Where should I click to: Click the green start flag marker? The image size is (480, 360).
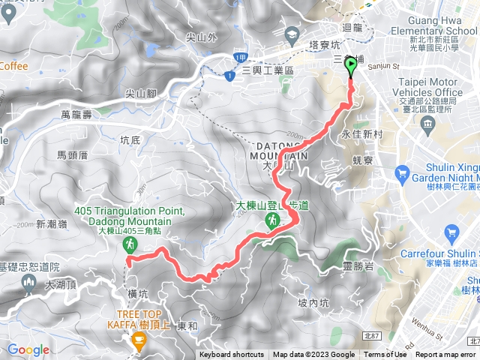[x=351, y=67]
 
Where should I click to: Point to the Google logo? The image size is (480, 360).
[x=28, y=349]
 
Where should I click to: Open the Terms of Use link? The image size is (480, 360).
[x=385, y=355]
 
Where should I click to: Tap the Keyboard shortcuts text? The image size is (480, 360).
[x=232, y=355]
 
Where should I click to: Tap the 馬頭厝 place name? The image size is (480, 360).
[x=73, y=154]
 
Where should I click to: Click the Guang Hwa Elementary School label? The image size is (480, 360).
[x=434, y=31]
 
